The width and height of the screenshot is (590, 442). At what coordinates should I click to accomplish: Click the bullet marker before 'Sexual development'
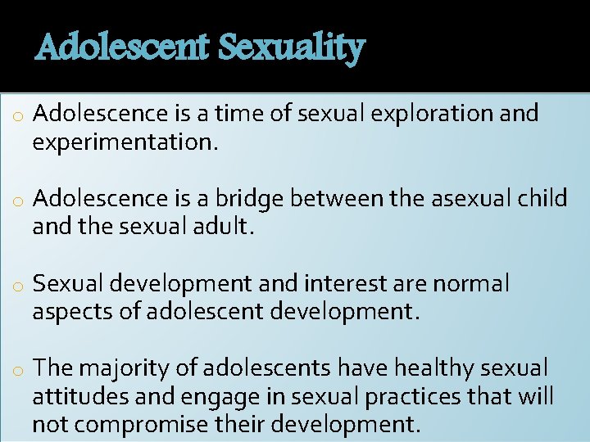click(16, 286)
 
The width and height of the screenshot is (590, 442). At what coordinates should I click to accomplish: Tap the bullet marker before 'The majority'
click(16, 371)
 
